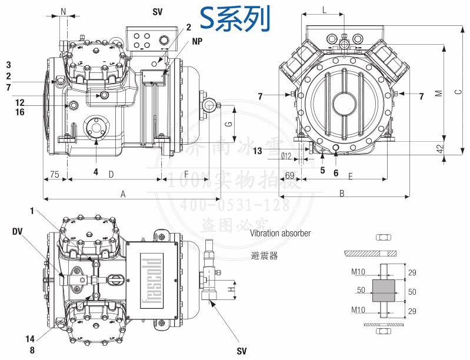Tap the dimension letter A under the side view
pyautogui.click(x=123, y=194)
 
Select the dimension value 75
pyautogui.click(x=54, y=174)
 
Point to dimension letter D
pyautogui.click(x=111, y=174)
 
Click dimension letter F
pyautogui.click(x=186, y=174)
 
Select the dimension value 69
pyautogui.click(x=289, y=175)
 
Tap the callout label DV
pyautogui.click(x=17, y=232)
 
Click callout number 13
pyautogui.click(x=258, y=151)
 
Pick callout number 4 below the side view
pyautogui.click(x=95, y=172)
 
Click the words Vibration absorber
pyautogui.click(x=280, y=234)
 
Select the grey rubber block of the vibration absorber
pyautogui.click(x=384, y=291)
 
